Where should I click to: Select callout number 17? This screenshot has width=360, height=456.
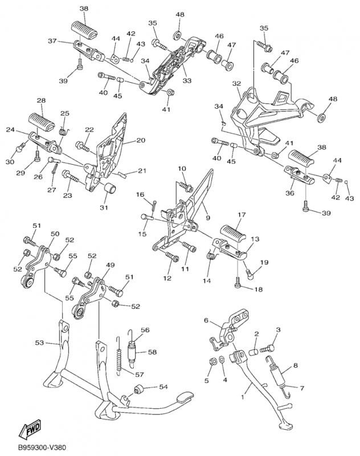pyautogui.click(x=242, y=215)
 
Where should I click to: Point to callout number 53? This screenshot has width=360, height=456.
pyautogui.click(x=39, y=343)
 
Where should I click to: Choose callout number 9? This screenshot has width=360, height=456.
pyautogui.click(x=207, y=217)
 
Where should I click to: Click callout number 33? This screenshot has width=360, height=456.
pyautogui.click(x=186, y=81)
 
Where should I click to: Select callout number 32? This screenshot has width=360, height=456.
pyautogui.click(x=237, y=84)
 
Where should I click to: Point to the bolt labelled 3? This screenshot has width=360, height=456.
pyautogui.click(x=268, y=347)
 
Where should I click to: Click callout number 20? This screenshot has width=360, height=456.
pyautogui.click(x=140, y=140)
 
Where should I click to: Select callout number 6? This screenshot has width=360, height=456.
pyautogui.click(x=207, y=321)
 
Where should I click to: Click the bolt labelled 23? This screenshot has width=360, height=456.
pyautogui.click(x=71, y=177)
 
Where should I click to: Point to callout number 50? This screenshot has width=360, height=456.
pyautogui.click(x=55, y=234)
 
